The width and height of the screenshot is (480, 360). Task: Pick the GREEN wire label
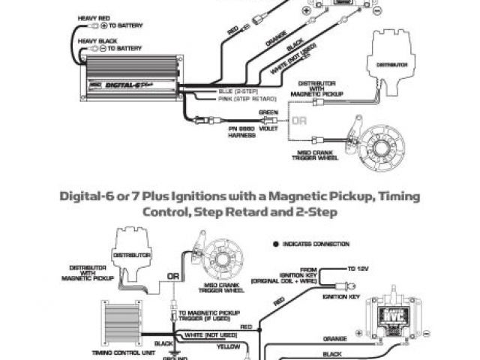[x=268, y=112]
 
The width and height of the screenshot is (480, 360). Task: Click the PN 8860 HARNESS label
[x=241, y=131]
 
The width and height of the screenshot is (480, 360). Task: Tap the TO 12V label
[x=358, y=268]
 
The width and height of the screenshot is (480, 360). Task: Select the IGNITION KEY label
[x=338, y=297]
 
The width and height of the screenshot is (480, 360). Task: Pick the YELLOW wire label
[x=229, y=346]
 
